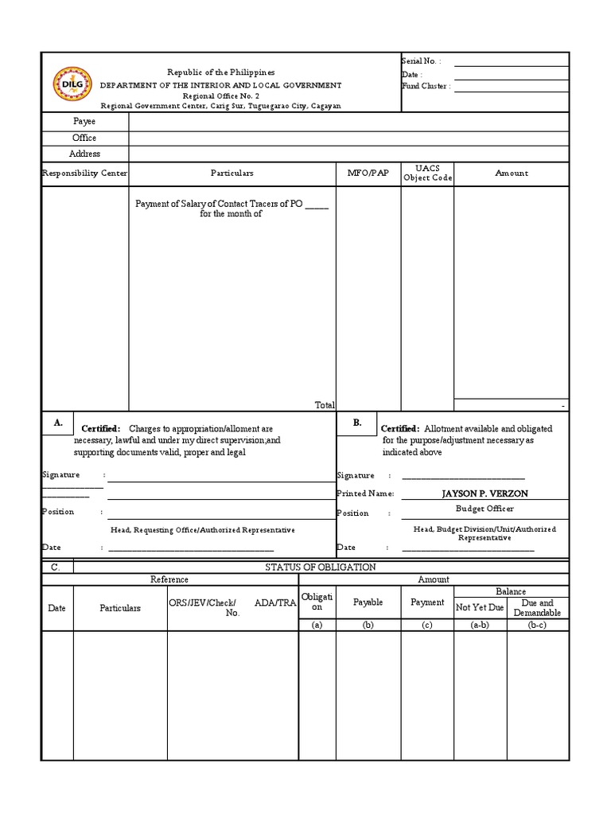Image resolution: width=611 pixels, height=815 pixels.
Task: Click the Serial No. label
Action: click(x=422, y=61)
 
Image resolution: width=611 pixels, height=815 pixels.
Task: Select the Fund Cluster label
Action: click(x=426, y=86)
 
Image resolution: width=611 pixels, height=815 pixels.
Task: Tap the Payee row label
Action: click(x=84, y=122)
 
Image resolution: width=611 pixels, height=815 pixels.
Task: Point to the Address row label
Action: click(x=84, y=154)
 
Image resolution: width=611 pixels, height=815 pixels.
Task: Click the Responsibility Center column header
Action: click(x=84, y=173)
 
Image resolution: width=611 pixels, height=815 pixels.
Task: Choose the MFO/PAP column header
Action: click(x=368, y=173)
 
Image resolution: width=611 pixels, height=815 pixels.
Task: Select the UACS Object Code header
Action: click(x=427, y=173)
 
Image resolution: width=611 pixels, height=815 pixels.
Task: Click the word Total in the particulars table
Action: click(x=325, y=405)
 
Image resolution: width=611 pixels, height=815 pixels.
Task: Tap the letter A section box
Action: click(x=58, y=423)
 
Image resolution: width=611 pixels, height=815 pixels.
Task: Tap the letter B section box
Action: click(x=357, y=423)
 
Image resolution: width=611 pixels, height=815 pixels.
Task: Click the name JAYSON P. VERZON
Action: click(x=485, y=493)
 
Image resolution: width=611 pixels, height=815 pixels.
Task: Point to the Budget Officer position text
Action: click(x=485, y=509)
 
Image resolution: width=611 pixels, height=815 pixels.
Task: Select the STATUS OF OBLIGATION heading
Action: click(x=321, y=567)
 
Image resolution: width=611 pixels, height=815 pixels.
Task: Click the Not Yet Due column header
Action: click(x=480, y=607)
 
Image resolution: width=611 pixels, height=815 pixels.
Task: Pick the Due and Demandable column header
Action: click(x=537, y=608)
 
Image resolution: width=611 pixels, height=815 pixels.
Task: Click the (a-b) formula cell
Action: click(x=480, y=626)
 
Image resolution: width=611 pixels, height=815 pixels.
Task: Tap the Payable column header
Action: click(x=368, y=602)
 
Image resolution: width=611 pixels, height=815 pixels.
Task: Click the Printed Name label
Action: click(x=365, y=493)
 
